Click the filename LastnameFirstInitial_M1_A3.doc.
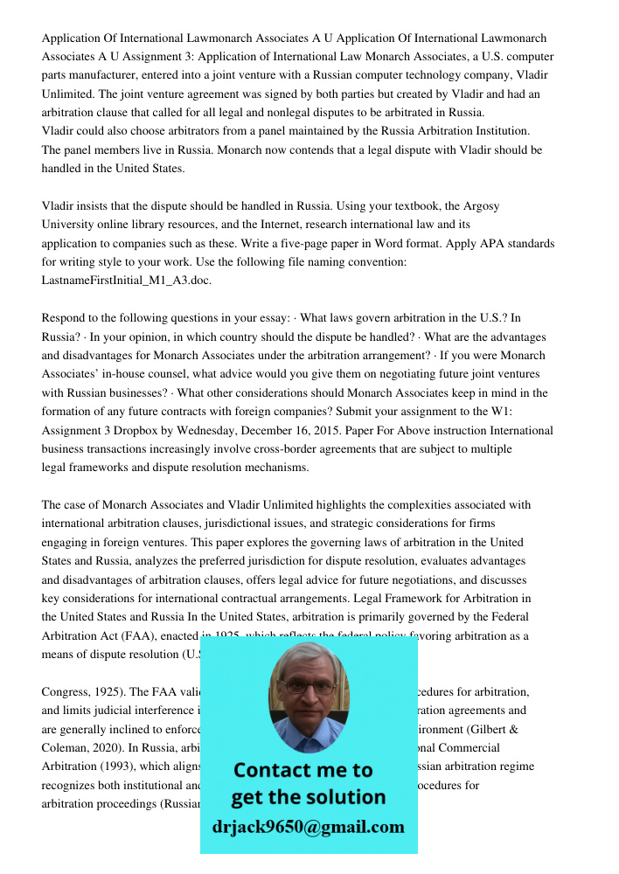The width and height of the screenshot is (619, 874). click(x=127, y=281)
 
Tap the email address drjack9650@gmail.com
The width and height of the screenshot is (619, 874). click(x=308, y=827)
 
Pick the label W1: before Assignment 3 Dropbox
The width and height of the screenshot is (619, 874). click(x=533, y=412)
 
